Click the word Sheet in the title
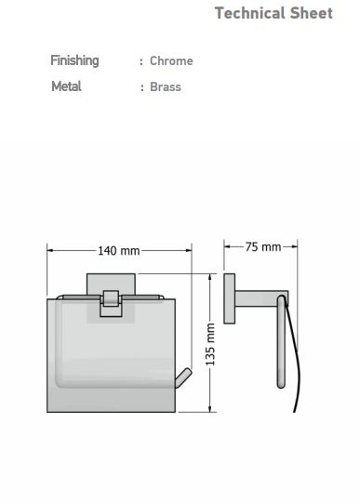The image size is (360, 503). coord(312,13)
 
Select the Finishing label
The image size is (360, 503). coord(74,61)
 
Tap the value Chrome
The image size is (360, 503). coord(171,61)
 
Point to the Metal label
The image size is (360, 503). coord(66,86)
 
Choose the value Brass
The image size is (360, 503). coord(166,87)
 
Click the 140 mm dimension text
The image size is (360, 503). coord(119,251)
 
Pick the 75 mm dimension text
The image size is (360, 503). coord(263,247)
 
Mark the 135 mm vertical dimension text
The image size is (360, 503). coord(210,345)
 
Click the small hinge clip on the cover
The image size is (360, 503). coord(111,303)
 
